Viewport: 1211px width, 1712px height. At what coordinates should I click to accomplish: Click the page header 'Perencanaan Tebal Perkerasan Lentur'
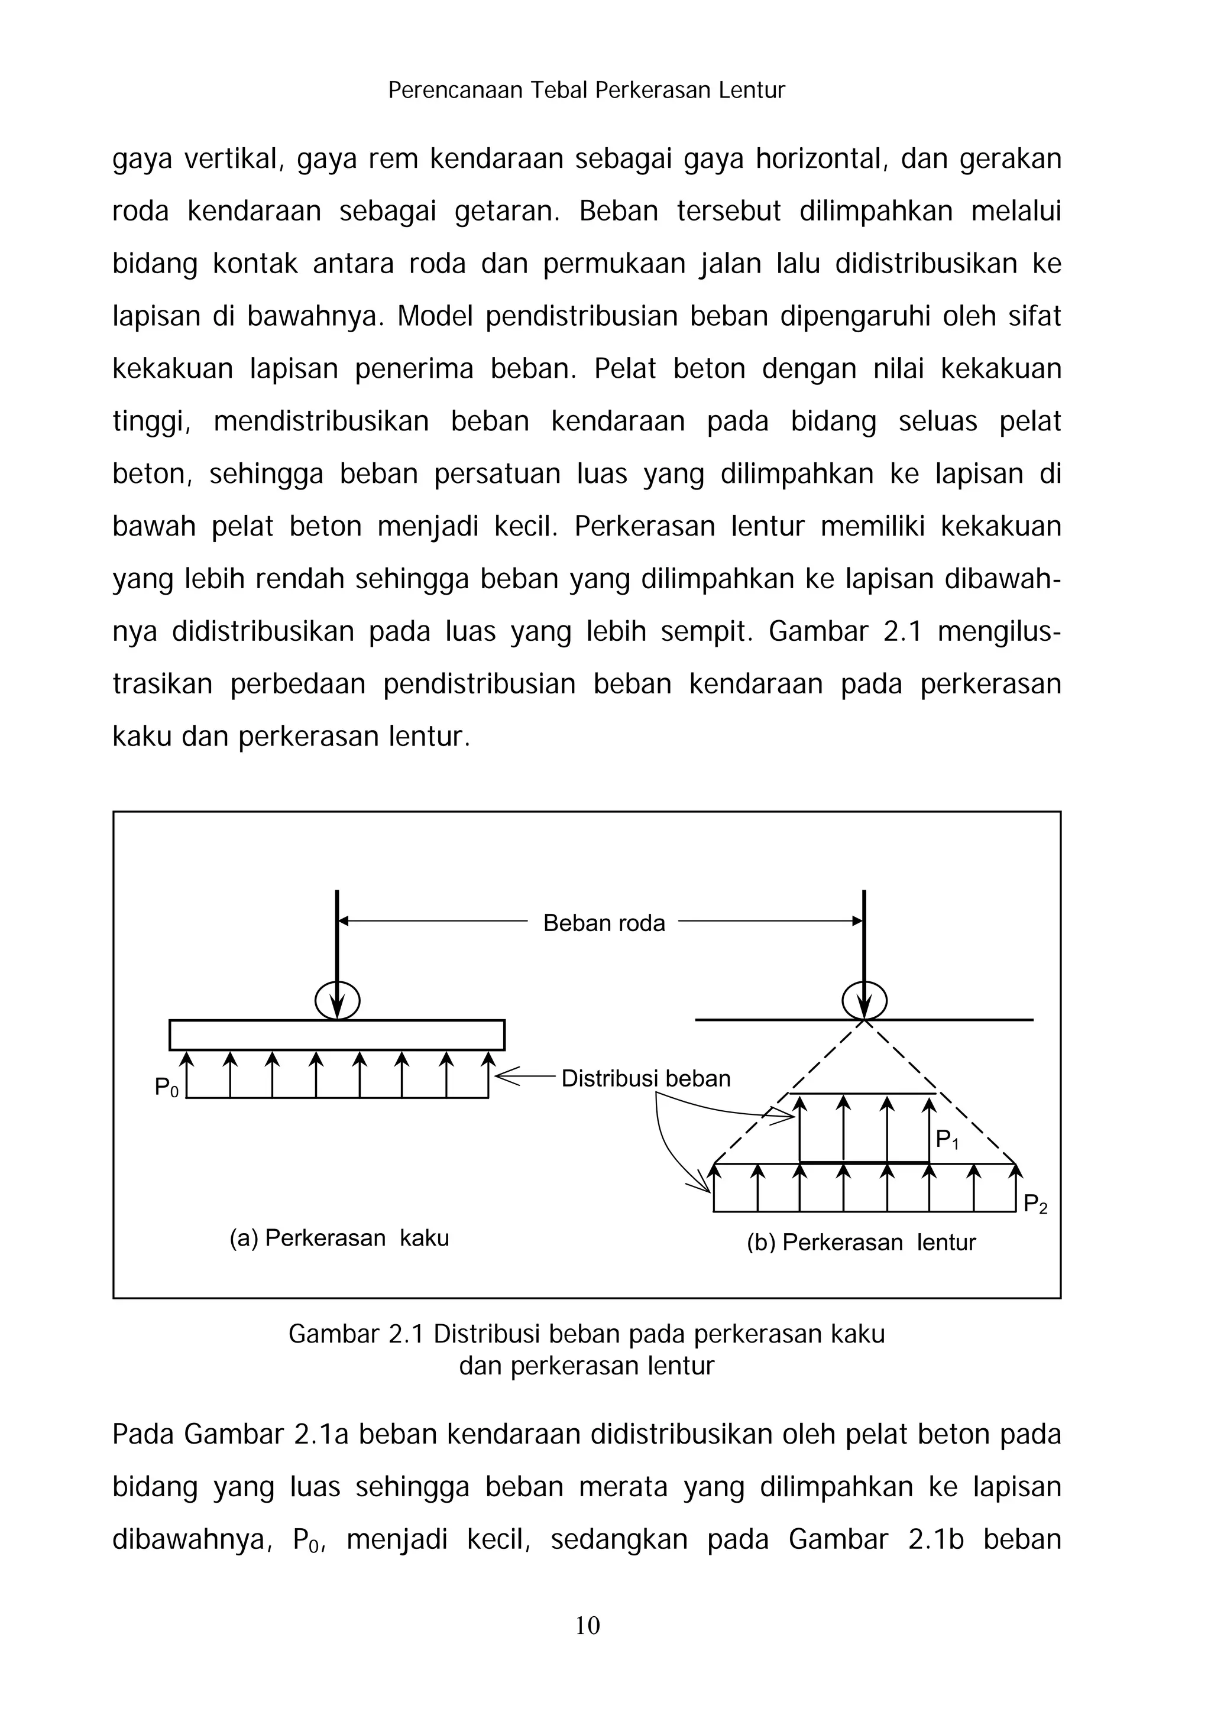pos(587,90)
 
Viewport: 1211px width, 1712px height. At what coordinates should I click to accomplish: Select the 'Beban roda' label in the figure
pos(603,923)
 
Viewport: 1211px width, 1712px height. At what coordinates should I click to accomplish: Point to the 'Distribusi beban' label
pos(645,1078)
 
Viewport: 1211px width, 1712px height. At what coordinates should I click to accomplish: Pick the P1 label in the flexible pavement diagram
pos(947,1139)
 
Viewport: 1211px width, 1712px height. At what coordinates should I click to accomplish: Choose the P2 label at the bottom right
pos(1035,1204)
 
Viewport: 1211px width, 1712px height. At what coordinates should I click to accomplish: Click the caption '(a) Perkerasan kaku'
pos(339,1238)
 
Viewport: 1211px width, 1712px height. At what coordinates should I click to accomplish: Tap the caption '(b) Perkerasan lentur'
pos(862,1242)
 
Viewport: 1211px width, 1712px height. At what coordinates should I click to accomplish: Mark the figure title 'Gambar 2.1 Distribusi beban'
pos(586,1333)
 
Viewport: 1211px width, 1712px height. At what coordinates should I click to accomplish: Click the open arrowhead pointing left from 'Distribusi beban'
pos(507,1076)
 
